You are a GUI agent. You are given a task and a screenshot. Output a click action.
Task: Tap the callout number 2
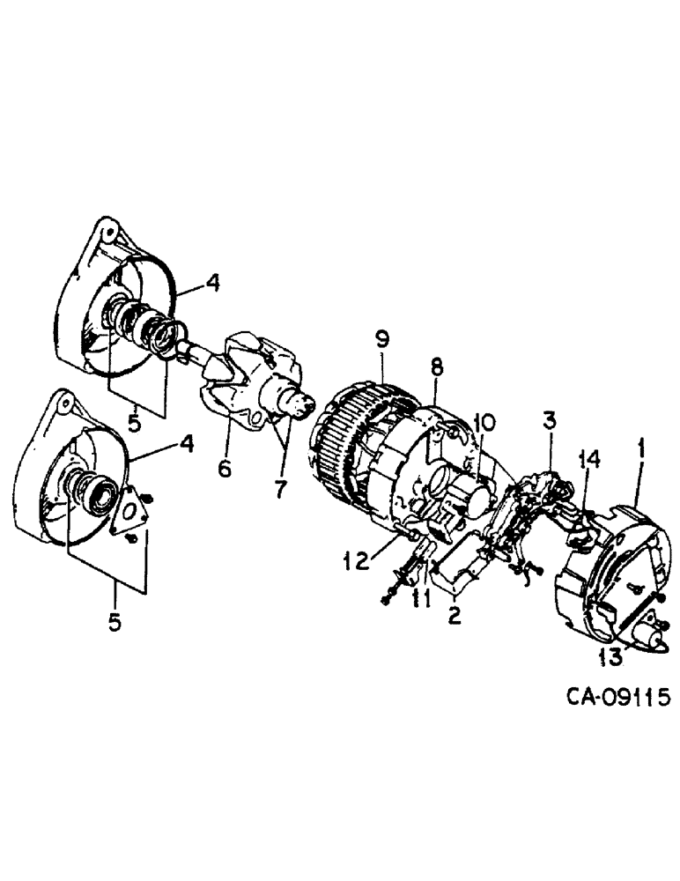[x=455, y=615]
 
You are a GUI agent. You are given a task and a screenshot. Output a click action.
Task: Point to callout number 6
[x=225, y=469]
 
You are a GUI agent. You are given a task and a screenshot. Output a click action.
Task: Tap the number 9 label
[x=381, y=338]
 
